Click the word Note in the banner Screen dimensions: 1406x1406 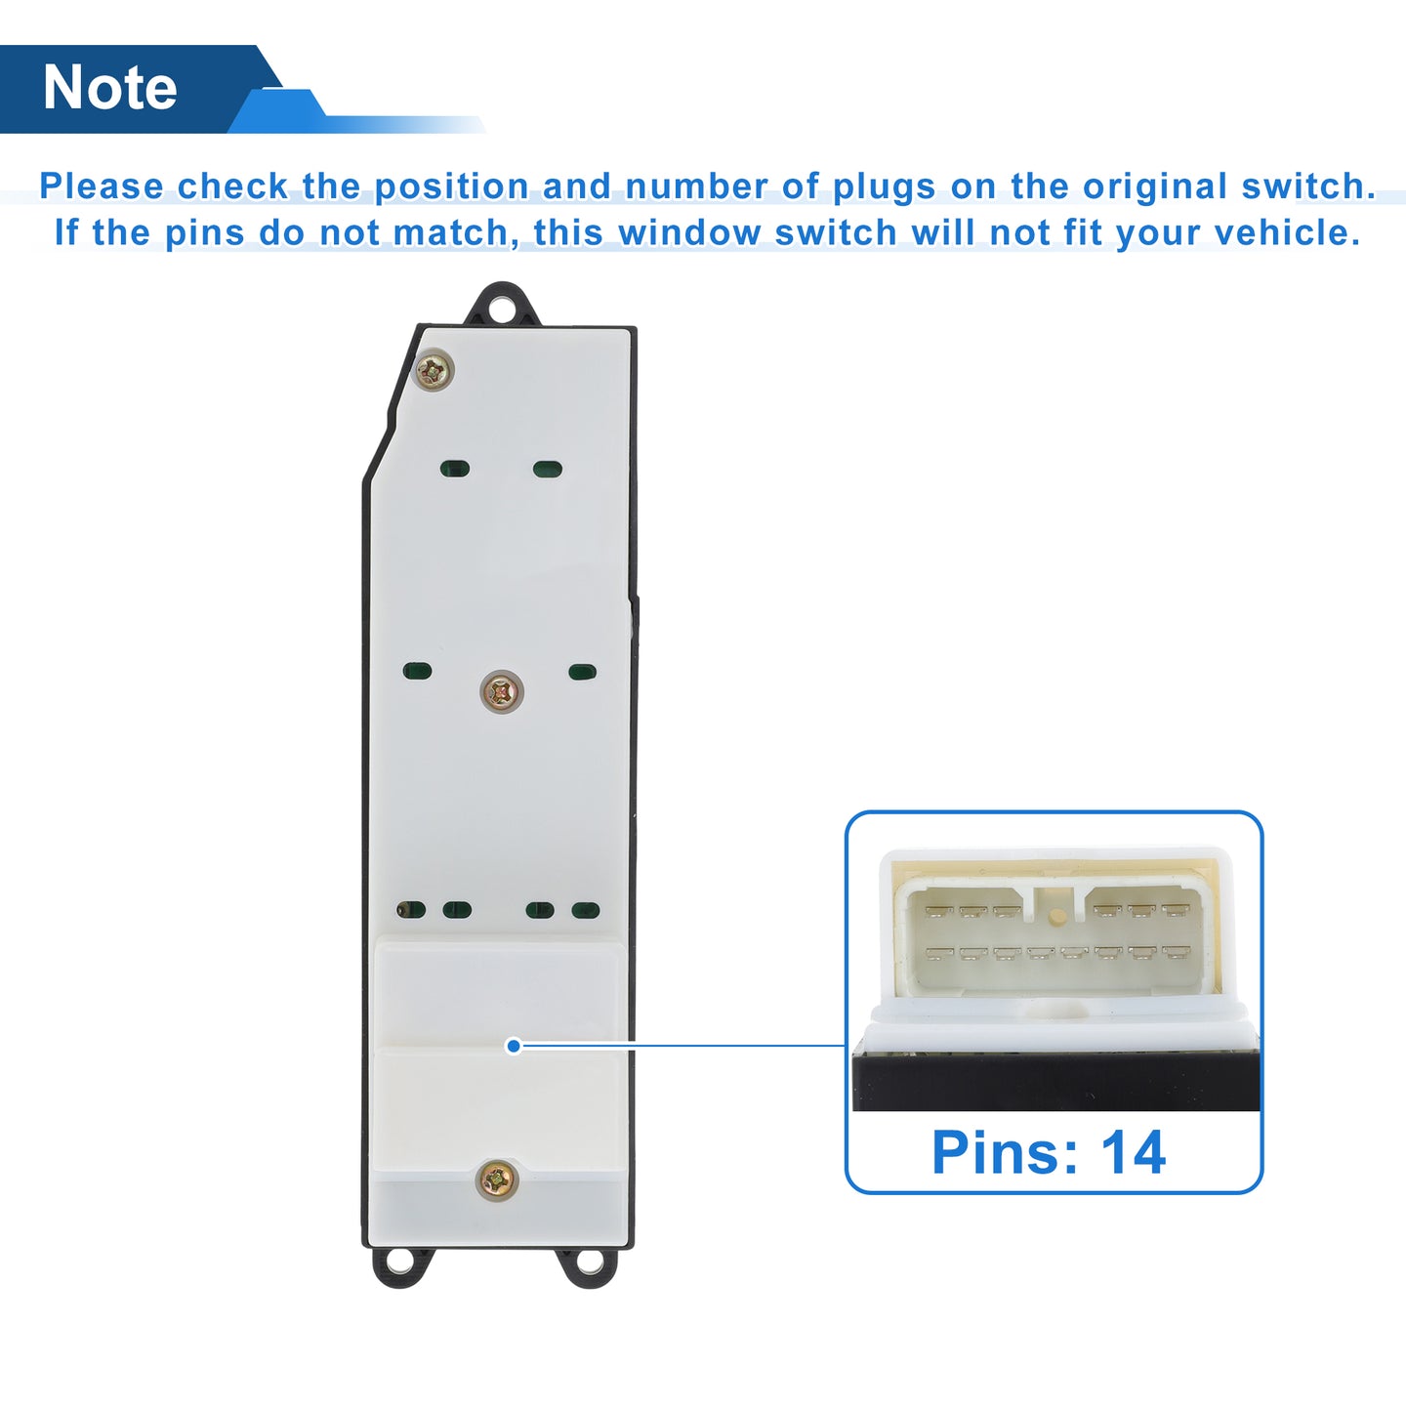pos(110,88)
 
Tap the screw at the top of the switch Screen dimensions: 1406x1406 pos(434,371)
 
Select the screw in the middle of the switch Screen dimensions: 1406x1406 pos(502,691)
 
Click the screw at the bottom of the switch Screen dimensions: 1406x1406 pos(497,1180)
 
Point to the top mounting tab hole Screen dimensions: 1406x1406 pos(501,310)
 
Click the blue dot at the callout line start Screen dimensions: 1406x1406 pos(514,1047)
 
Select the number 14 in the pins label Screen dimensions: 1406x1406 pos(1134,1153)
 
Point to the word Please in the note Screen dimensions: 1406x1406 pos(102,186)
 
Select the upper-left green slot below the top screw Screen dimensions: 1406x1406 pos(455,469)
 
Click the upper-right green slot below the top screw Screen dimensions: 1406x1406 pos(547,469)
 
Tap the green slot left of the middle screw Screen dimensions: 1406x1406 pos(417,671)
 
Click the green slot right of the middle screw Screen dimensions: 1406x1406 pos(582,671)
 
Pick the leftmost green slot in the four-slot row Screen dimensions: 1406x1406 pos(411,909)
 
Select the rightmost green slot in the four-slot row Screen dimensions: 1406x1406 pos(586,910)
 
